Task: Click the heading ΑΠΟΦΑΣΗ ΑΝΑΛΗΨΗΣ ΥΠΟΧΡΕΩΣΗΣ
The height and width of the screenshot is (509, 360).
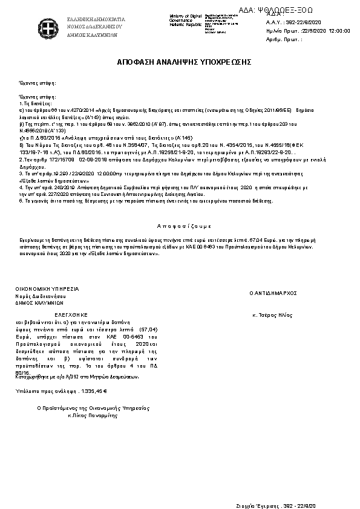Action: point(184,62)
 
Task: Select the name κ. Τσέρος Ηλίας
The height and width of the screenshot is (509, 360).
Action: point(272,315)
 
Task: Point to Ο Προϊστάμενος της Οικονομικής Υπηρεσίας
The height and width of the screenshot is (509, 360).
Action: point(93,409)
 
